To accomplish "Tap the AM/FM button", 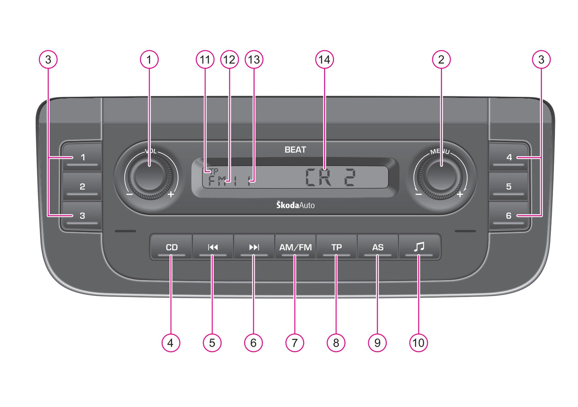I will pyautogui.click(x=295, y=247).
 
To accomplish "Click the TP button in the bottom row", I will pyautogui.click(x=336, y=247).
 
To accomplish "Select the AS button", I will pyautogui.click(x=378, y=247).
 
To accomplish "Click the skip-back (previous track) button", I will pyautogui.click(x=213, y=247).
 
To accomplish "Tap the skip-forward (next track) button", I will pyautogui.click(x=254, y=247).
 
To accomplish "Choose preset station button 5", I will pyautogui.click(x=508, y=187).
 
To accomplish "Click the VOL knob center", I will pyautogui.click(x=149, y=175).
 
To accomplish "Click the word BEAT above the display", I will pyautogui.click(x=295, y=150).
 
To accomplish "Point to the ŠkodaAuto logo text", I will pyautogui.click(x=295, y=205).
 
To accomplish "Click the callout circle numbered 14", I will pyautogui.click(x=324, y=60).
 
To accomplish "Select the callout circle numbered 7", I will pyautogui.click(x=295, y=343).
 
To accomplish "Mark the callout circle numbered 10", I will pyautogui.click(x=418, y=343).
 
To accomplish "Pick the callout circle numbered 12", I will pyautogui.click(x=229, y=60).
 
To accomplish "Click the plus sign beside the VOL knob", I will pyautogui.click(x=171, y=195).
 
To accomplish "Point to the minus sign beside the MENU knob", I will pyautogui.click(x=418, y=195).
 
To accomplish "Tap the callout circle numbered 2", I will pyautogui.click(x=441, y=60).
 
